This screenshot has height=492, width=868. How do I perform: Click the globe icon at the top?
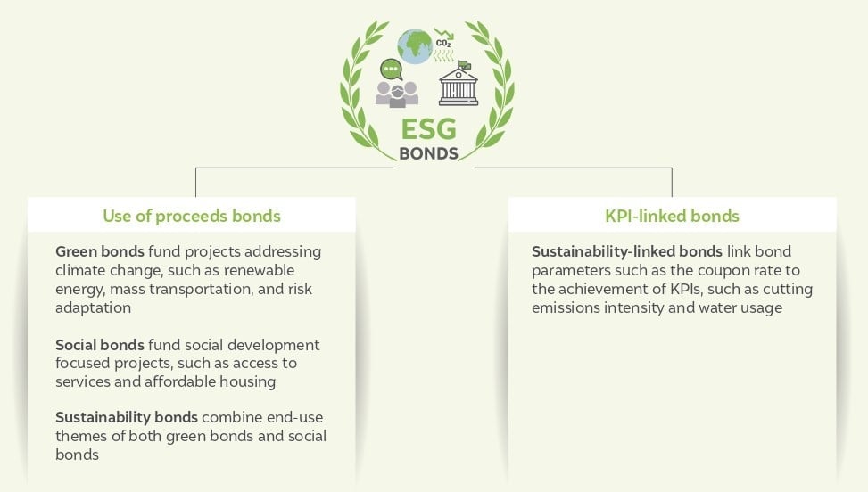[415, 46]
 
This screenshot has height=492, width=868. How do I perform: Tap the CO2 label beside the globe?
[443, 43]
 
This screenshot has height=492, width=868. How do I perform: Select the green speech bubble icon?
[392, 70]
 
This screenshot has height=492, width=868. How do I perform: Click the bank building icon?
[459, 86]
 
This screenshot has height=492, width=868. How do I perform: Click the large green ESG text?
[428, 130]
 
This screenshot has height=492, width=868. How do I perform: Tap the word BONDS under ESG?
[428, 153]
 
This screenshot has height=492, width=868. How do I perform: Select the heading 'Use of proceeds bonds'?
[192, 217]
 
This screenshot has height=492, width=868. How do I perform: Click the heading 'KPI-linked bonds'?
[672, 216]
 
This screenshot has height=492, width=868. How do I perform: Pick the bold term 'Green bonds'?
[100, 251]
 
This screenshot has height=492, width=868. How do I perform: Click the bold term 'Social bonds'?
[100, 345]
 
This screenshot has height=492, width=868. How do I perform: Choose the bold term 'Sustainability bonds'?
[126, 417]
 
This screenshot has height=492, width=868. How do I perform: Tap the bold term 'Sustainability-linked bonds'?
[626, 251]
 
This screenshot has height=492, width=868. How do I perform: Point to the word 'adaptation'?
[93, 307]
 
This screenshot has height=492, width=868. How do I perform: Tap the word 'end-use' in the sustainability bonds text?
[294, 417]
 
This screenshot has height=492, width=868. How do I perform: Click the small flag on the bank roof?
[464, 65]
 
